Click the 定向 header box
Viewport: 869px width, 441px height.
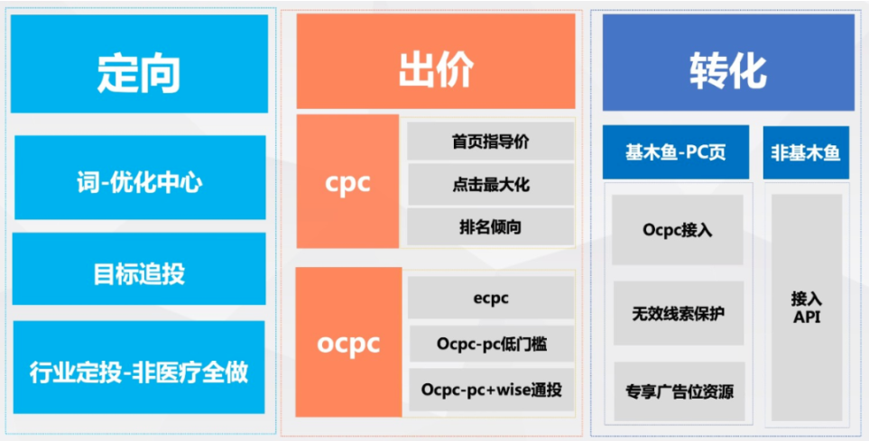(139, 64)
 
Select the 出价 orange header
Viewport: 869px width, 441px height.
(436, 61)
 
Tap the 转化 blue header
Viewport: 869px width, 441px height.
(728, 62)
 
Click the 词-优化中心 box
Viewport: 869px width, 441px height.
(140, 178)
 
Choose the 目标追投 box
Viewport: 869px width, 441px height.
(139, 269)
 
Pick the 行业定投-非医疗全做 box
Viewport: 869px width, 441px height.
(139, 367)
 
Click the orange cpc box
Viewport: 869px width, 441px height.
(347, 181)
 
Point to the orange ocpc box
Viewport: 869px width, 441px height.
(348, 342)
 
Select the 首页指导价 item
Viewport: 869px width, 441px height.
(491, 142)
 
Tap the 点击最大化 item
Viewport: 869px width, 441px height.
(491, 184)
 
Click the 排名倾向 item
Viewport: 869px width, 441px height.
(491, 226)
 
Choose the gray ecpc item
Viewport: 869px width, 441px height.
(491, 299)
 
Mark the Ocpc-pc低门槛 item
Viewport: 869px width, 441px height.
(492, 344)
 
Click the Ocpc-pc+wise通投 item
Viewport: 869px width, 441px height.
(492, 390)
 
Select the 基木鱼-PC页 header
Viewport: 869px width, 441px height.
(676, 152)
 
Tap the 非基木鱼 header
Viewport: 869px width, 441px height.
(806, 152)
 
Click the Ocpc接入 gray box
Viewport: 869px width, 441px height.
(678, 229)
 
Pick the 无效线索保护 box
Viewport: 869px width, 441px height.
(679, 313)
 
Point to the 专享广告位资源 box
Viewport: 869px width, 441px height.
(679, 391)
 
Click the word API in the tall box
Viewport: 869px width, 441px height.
(807, 317)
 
